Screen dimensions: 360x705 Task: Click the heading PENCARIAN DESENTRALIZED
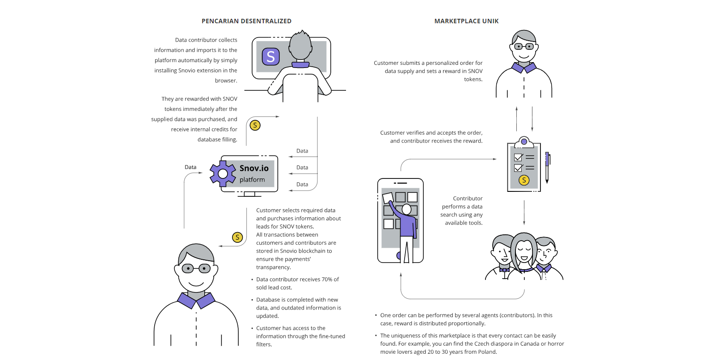246,21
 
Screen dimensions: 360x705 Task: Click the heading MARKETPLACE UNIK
466,21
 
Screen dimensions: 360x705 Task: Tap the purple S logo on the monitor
270,57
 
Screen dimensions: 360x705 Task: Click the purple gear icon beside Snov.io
223,174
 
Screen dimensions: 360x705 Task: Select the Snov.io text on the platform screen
254,168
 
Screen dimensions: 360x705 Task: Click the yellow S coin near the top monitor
255,125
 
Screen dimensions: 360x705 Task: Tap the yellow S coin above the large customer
237,237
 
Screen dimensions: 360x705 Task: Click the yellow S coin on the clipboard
524,180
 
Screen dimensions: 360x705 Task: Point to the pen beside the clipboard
547,167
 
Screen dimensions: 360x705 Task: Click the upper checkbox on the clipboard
518,157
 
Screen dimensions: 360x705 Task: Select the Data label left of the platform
190,167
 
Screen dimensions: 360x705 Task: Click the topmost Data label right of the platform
302,151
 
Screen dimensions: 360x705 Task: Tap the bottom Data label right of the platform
302,185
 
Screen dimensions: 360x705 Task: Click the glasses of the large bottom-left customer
196,269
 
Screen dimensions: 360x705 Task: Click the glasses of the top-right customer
523,47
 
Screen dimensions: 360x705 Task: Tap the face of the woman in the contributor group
524,251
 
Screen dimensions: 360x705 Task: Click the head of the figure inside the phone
406,209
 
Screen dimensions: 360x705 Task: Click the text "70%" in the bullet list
327,280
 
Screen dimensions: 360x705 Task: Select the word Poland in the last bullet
487,352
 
